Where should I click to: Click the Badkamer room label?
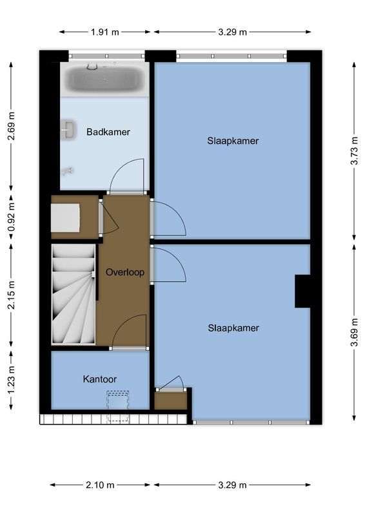pyautogui.click(x=108, y=132)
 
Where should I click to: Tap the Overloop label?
pyautogui.click(x=124, y=272)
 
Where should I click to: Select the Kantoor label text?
pyautogui.click(x=99, y=379)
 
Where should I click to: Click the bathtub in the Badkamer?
pyautogui.click(x=106, y=79)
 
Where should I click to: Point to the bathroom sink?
pyautogui.click(x=68, y=129)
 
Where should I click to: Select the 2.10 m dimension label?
pyautogui.click(x=101, y=485)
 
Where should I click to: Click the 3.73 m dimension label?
pyautogui.click(x=353, y=151)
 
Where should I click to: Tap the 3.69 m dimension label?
pyautogui.click(x=353, y=331)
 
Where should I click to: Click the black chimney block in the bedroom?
pyautogui.click(x=302, y=291)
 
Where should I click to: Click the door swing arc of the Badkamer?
pyautogui.click(x=126, y=174)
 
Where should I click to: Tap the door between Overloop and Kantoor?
pyautogui.click(x=129, y=332)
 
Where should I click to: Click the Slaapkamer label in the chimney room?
pyautogui.click(x=233, y=328)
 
